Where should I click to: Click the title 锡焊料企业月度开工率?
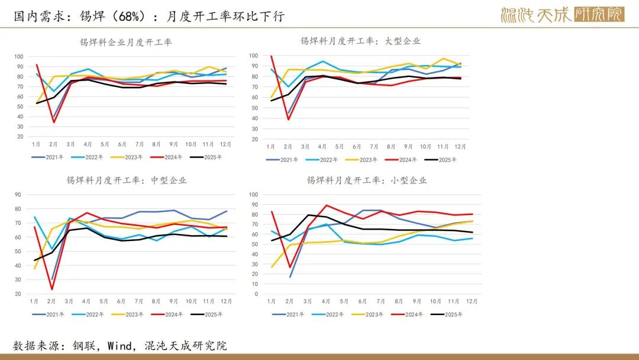pos(126,42)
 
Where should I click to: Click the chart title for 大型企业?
pos(360,41)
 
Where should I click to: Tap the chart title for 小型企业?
pos(366,180)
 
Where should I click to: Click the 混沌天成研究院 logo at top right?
pos(561,15)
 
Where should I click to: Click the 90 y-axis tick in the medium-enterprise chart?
pos(18,194)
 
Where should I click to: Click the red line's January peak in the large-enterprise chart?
pos(272,56)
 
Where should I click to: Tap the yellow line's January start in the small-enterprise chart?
pos(272,266)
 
